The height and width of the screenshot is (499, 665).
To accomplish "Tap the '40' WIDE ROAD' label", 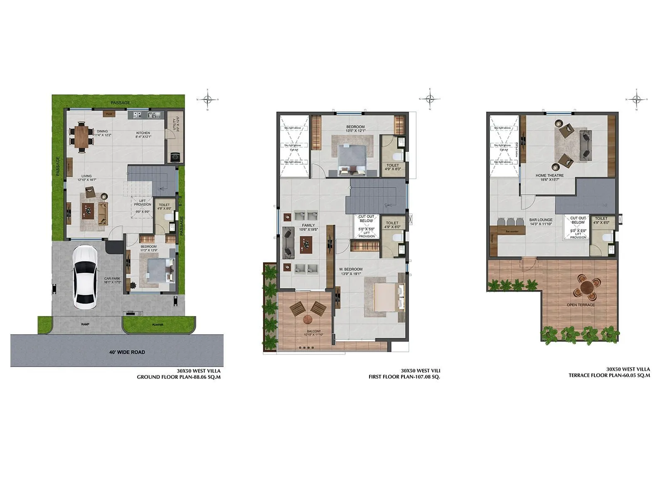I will pos(127,352).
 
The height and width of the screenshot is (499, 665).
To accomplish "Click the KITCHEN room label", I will pos(143,133).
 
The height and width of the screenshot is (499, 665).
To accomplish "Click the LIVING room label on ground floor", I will pos(86,176).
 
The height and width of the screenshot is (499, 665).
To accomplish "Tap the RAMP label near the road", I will pos(85,324).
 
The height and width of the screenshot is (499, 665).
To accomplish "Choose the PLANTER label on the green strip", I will pos(158,325).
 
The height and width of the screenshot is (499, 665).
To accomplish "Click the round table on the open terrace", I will pos(586,287).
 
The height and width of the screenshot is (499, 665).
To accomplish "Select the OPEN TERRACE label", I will pos(580,305).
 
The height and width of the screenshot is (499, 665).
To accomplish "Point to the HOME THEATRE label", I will pos(549,175).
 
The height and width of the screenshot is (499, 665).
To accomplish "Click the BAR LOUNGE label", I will pos(541,220).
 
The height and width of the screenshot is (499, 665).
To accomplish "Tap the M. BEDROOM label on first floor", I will pos(351,269).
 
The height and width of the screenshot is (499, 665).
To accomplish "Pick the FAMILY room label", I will pos(308,225).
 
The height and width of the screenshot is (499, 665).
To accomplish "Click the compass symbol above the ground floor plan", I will pos(208,99).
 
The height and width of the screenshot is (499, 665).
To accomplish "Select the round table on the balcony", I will pos(308,319).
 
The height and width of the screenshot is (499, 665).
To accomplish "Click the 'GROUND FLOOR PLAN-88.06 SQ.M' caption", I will pos(179,377).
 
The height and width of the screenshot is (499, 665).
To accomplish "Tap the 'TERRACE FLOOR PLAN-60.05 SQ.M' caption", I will pos(609,375).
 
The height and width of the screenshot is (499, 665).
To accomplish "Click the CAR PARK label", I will pos(112,279).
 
